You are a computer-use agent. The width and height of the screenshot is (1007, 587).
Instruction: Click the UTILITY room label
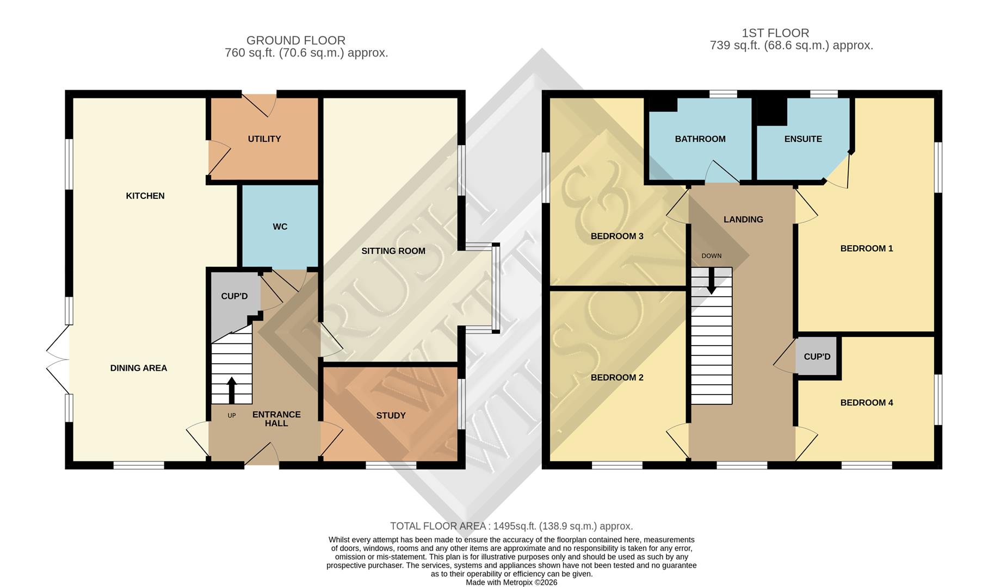click(x=264, y=139)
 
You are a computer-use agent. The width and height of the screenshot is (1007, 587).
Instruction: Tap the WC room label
click(x=280, y=227)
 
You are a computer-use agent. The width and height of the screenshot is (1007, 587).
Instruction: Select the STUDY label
click(x=391, y=416)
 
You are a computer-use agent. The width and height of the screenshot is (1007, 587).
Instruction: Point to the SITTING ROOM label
click(x=393, y=251)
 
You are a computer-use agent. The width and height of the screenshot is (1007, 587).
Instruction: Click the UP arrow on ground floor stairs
click(x=232, y=390)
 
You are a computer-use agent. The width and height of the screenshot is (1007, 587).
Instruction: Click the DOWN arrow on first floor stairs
click(x=711, y=282)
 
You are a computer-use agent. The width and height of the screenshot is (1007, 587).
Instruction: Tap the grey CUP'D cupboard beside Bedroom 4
click(x=817, y=357)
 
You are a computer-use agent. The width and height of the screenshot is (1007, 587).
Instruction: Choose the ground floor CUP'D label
click(x=234, y=296)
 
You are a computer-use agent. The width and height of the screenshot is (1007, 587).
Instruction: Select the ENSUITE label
click(x=803, y=139)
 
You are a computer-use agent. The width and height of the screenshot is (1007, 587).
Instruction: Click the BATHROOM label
click(x=700, y=139)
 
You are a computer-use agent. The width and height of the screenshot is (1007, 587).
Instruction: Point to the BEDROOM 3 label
click(x=617, y=236)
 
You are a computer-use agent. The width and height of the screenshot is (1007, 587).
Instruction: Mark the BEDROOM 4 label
click(x=867, y=403)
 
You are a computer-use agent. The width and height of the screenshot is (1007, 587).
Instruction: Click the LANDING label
click(x=743, y=220)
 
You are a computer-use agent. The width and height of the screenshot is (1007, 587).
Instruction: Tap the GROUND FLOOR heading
click(x=295, y=40)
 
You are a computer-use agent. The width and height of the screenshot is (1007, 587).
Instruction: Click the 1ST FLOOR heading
click(x=775, y=33)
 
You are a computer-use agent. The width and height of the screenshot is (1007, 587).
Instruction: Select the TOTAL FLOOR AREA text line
click(x=511, y=526)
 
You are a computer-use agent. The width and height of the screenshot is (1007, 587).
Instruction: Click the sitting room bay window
click(x=495, y=288)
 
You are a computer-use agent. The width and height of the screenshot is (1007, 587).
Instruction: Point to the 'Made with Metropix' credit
click(x=511, y=582)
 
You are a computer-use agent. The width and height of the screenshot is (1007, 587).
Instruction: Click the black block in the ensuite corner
click(x=773, y=111)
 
